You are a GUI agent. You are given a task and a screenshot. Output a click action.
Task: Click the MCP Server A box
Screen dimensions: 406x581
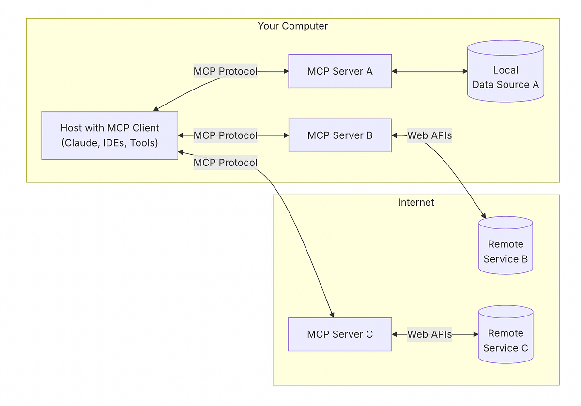pyautogui.click(x=340, y=71)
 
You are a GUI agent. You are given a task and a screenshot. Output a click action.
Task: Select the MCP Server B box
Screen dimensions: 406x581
pyautogui.click(x=340, y=135)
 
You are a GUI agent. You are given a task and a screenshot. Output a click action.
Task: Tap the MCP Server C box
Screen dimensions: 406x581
pyautogui.click(x=340, y=334)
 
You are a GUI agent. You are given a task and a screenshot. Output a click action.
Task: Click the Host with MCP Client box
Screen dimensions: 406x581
pyautogui.click(x=109, y=135)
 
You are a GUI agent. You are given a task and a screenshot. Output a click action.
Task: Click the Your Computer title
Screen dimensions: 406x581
pyautogui.click(x=292, y=26)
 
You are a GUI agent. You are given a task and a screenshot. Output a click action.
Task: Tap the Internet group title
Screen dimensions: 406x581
pyautogui.click(x=416, y=202)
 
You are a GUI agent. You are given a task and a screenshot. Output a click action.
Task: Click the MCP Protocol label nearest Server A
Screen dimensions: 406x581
pyautogui.click(x=225, y=71)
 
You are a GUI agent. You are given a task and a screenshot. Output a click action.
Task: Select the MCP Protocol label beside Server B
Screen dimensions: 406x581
pyautogui.click(x=225, y=135)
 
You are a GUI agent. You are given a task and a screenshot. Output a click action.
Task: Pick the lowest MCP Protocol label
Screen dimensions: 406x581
pyautogui.click(x=225, y=163)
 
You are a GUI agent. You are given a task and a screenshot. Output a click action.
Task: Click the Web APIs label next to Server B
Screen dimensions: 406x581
pyautogui.click(x=429, y=135)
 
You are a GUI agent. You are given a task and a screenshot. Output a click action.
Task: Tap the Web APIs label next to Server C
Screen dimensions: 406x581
pyautogui.click(x=429, y=334)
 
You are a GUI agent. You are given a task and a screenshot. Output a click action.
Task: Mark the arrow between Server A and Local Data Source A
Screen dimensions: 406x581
pyautogui.click(x=429, y=71)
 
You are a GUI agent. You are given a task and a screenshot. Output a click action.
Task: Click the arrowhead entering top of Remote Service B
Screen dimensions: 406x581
pyautogui.click(x=483, y=215)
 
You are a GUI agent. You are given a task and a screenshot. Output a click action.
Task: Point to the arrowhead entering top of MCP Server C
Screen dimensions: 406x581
pyautogui.click(x=332, y=314)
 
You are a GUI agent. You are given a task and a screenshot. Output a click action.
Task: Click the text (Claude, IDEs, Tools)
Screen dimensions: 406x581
pyautogui.click(x=109, y=143)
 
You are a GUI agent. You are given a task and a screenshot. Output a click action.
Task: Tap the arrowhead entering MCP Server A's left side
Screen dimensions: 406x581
pyautogui.click(x=285, y=71)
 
